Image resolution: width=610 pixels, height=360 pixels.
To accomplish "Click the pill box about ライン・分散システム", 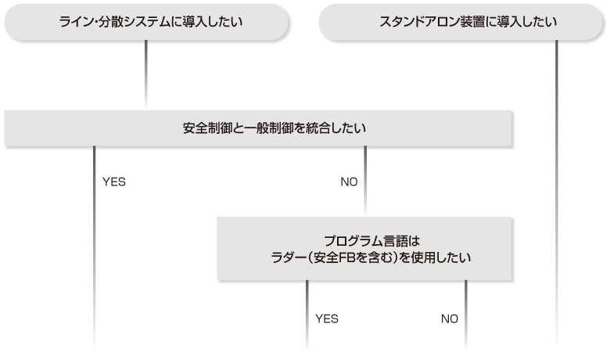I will click(x=145, y=21).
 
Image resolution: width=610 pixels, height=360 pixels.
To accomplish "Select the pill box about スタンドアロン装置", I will click(x=462, y=21).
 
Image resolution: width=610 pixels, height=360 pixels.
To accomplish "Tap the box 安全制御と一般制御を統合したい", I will click(x=258, y=128).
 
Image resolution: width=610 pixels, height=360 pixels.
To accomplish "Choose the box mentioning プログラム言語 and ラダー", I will click(x=365, y=248).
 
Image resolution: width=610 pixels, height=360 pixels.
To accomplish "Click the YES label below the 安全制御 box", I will click(x=114, y=182).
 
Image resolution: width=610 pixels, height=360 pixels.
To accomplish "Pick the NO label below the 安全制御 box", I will click(x=349, y=182).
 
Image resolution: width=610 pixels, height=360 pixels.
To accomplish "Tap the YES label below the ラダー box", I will click(x=326, y=319).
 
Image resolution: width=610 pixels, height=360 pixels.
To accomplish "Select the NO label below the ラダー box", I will click(x=449, y=319).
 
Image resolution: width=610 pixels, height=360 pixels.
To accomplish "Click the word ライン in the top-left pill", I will click(x=73, y=21).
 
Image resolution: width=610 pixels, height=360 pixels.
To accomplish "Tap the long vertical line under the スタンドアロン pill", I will click(x=558, y=196).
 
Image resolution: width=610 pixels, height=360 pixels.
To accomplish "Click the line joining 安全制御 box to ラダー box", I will click(x=365, y=196).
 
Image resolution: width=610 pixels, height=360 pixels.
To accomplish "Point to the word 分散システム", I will click(x=129, y=21).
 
